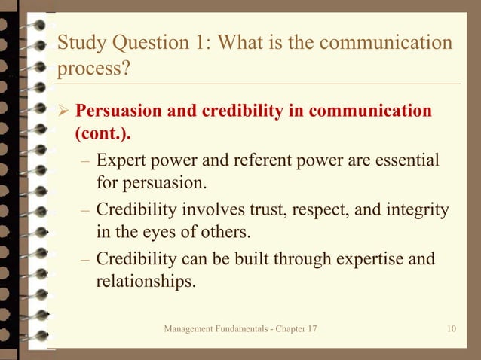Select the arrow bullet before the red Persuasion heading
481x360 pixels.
coord(63,112)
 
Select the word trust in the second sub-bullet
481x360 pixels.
coord(257,209)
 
